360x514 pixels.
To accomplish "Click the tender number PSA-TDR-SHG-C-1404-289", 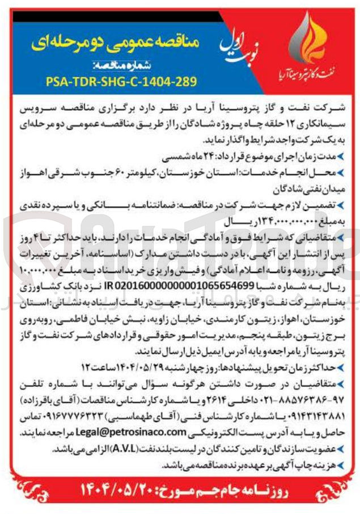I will [121, 81].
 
